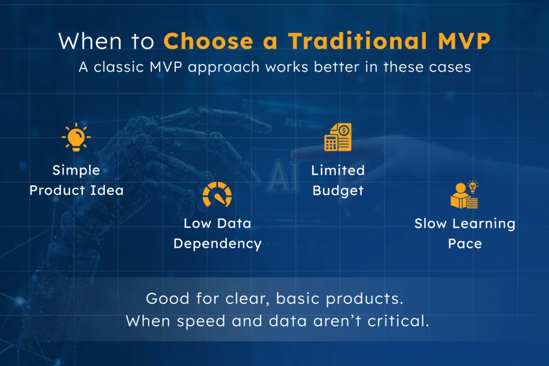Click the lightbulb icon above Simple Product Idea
coord(76,138)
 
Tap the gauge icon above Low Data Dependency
coord(217,195)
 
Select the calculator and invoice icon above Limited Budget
coord(338,137)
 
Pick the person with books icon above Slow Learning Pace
coord(464,195)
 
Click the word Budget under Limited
coord(338,190)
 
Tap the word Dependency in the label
coord(217,243)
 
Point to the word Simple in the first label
coord(76,170)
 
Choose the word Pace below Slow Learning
coord(465,243)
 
